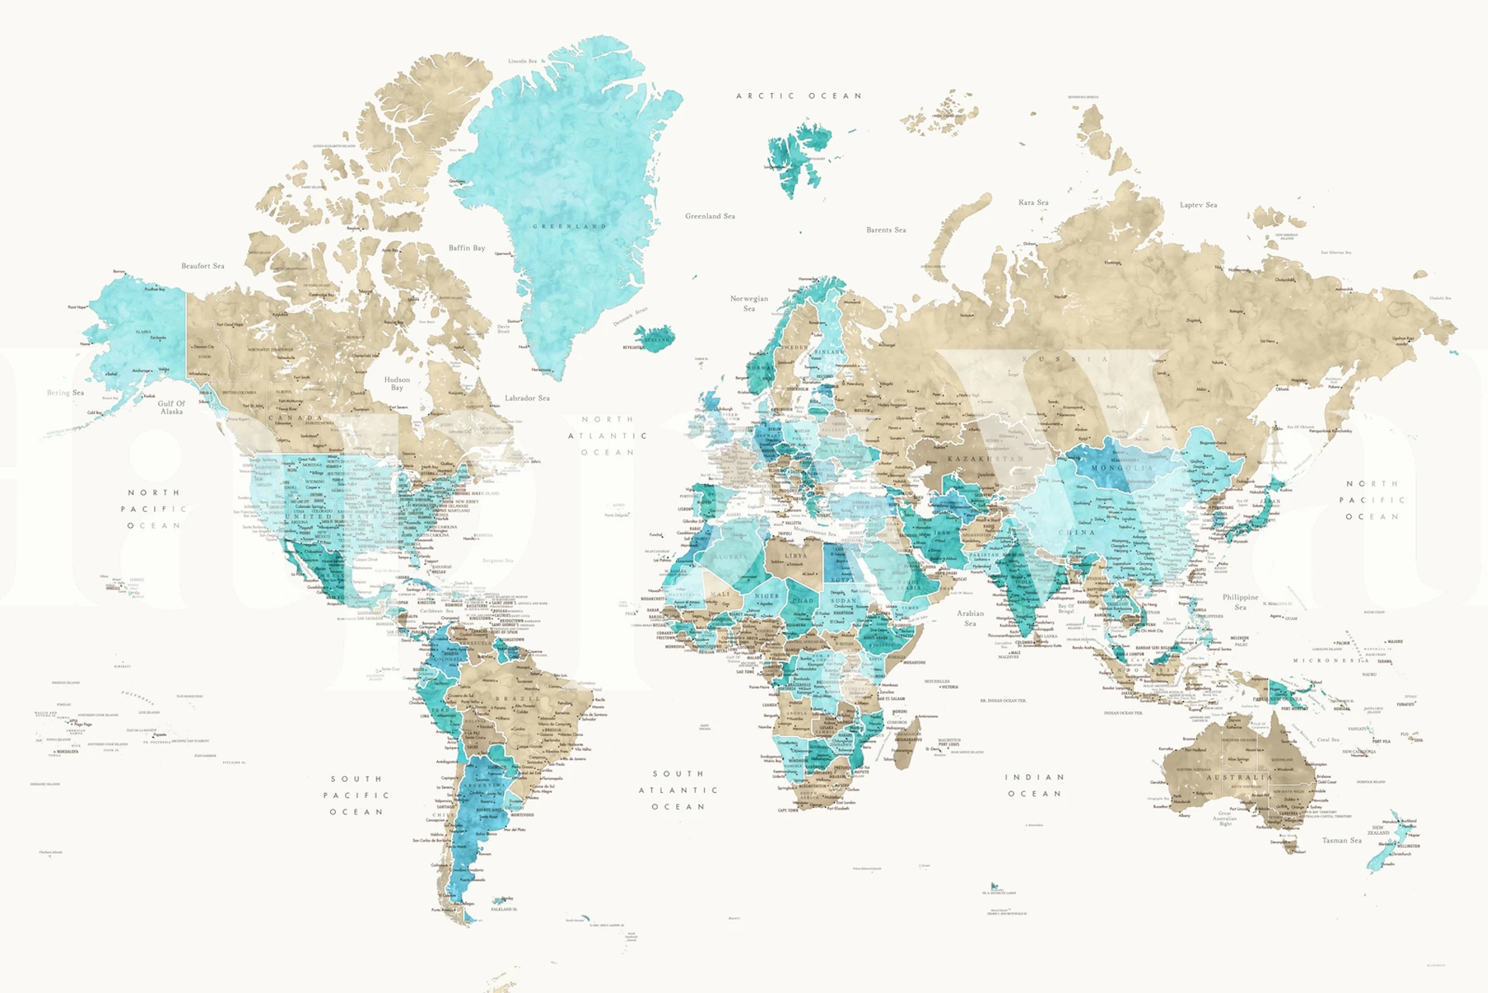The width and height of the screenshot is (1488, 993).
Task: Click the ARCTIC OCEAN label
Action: [799, 96]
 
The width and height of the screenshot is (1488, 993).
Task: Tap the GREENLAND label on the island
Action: [569, 227]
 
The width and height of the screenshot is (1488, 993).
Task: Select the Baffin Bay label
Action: [467, 248]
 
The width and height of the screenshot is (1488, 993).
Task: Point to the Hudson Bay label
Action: [397, 383]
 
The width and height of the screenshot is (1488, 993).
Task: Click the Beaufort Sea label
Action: [203, 266]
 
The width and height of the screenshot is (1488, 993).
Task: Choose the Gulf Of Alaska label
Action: [171, 407]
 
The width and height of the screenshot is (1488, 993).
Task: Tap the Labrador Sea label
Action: [527, 398]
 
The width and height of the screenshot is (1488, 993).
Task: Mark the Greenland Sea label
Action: [710, 216]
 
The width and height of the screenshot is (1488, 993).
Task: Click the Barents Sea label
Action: [886, 230]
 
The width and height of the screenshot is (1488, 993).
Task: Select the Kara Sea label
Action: [1034, 202]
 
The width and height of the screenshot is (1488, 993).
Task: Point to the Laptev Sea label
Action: [1199, 206]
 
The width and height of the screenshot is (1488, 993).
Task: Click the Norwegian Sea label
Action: [749, 303]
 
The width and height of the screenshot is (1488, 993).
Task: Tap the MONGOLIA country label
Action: [1122, 469]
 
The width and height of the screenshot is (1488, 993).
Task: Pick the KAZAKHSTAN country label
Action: [986, 459]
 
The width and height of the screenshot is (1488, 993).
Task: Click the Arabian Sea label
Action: [970, 618]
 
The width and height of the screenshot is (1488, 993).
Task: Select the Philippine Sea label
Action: [1241, 601]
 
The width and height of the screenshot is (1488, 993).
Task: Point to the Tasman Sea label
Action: [1341, 840]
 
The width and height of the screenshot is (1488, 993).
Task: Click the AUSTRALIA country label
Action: [1238, 777]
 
